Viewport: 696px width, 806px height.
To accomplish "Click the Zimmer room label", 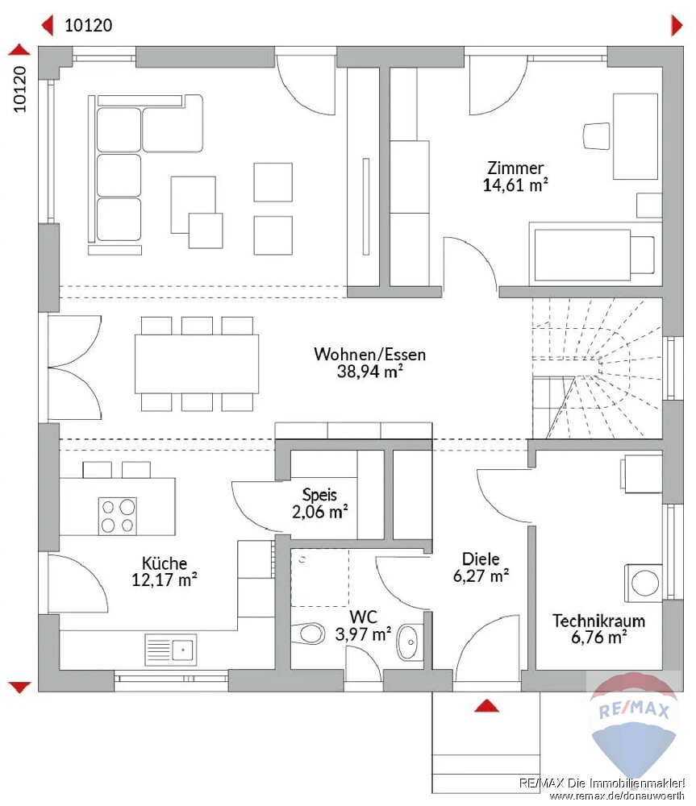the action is click(x=515, y=168).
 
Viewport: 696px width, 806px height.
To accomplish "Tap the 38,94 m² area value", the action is click(x=370, y=371).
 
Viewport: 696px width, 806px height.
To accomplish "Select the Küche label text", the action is click(x=165, y=563).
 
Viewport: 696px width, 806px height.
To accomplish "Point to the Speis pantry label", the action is click(x=319, y=495).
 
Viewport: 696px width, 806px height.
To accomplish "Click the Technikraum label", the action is click(x=598, y=621).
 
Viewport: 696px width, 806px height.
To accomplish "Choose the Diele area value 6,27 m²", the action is click(x=481, y=575).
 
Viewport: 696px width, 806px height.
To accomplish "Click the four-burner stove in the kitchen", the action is click(x=118, y=516).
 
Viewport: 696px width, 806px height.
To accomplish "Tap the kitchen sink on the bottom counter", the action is click(x=171, y=650).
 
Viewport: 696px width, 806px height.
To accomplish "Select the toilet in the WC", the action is click(x=308, y=634).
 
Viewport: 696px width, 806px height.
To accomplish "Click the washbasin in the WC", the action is click(x=410, y=642).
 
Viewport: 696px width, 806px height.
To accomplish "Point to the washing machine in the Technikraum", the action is click(x=643, y=584).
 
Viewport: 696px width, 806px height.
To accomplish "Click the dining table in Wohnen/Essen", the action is click(x=197, y=364).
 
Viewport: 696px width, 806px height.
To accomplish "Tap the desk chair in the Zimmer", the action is click(x=597, y=136).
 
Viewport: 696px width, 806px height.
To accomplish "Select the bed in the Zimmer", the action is click(x=596, y=255).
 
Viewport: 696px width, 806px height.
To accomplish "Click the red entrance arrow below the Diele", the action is click(x=486, y=706).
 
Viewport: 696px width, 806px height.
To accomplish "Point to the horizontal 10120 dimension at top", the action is click(x=89, y=25).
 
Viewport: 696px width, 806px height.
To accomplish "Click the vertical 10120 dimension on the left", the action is click(x=19, y=89).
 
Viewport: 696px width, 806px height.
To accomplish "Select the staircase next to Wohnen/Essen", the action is click(x=597, y=368).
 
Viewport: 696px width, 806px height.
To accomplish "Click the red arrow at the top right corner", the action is click(x=677, y=25).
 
